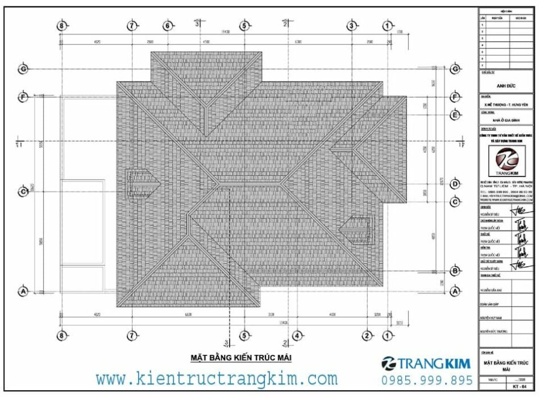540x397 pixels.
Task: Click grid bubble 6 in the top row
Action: tap(167, 26)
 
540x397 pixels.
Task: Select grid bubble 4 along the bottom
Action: tap(297, 336)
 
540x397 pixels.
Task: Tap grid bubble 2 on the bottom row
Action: tap(368, 336)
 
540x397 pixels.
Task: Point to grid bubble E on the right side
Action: tap(455, 115)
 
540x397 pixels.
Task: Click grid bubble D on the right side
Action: tap(455, 184)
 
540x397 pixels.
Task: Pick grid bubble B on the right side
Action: tap(455, 271)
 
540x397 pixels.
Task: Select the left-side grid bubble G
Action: tap(23, 69)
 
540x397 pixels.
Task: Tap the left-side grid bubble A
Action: tap(23, 291)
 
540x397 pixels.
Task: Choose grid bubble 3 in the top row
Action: tap(351, 26)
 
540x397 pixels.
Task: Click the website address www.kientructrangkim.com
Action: tap(216, 378)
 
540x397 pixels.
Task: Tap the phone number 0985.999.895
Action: tap(426, 380)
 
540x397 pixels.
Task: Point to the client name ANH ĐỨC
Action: tap(505, 86)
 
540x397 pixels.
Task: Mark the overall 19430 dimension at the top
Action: tap(226, 32)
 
